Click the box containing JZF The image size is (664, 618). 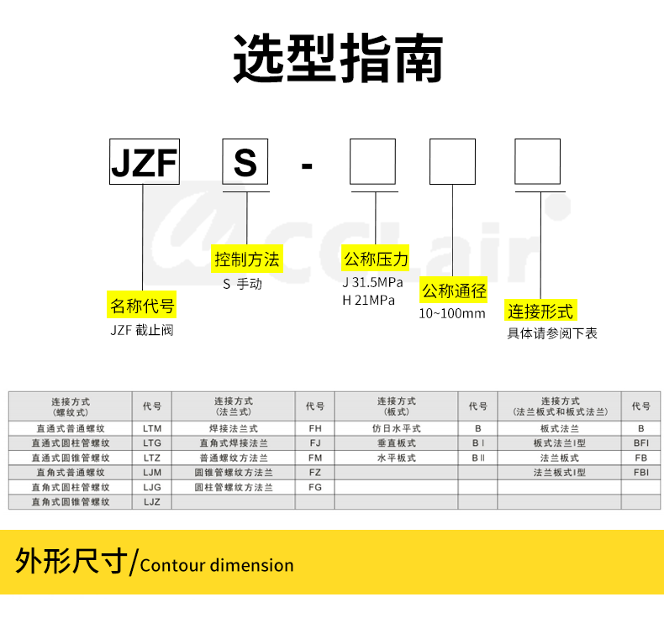(x=144, y=162)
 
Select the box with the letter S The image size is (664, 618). (x=245, y=162)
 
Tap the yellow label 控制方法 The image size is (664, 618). (x=247, y=259)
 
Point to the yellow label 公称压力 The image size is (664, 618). (x=375, y=259)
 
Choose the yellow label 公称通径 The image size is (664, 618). (x=454, y=291)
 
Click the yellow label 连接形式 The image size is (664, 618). (x=540, y=312)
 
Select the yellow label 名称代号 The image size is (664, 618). (x=143, y=305)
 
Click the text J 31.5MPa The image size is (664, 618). (x=372, y=282)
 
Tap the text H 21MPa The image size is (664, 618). (x=368, y=300)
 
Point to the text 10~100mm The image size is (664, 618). (x=452, y=314)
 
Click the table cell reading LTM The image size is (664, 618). (x=152, y=428)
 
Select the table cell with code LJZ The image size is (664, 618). (x=152, y=501)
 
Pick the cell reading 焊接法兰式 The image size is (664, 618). (x=233, y=428)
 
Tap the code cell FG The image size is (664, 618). (x=315, y=487)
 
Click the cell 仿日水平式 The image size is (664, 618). (x=396, y=428)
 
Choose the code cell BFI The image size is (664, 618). (x=640, y=443)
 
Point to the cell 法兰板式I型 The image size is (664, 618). (x=559, y=472)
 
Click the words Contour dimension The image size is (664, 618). (x=217, y=565)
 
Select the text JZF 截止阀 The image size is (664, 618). (x=141, y=330)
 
